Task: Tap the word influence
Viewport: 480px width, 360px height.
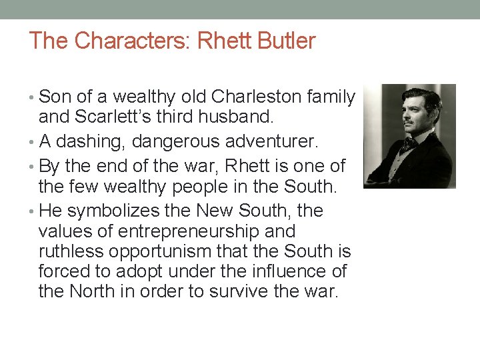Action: click(275, 271)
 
